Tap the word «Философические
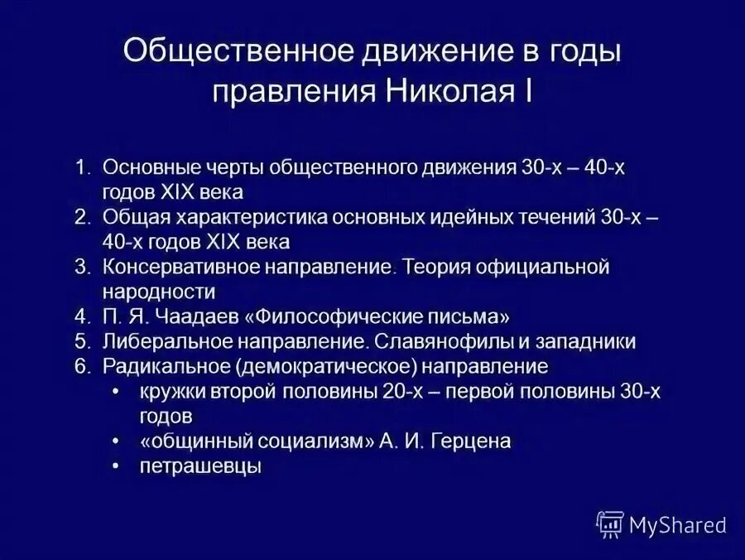pos(323,316)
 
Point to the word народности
pos(159,292)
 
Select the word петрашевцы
pos(200,466)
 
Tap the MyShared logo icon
pos(610,524)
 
